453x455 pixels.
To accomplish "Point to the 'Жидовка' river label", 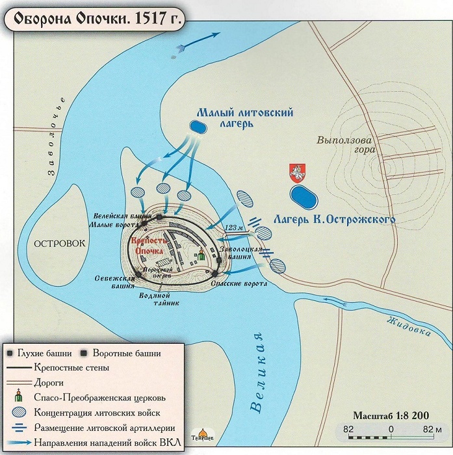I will click(408, 324).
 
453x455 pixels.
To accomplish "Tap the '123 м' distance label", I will click(233, 227).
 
